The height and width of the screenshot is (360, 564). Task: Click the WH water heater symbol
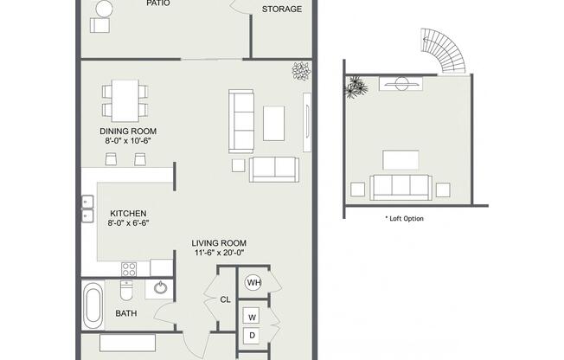pos(253,283)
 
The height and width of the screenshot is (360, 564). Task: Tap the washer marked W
pos(252,317)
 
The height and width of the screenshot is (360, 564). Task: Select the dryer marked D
pos(252,336)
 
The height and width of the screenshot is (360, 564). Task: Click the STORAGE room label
pos(282,9)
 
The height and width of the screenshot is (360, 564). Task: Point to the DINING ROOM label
pos(128,131)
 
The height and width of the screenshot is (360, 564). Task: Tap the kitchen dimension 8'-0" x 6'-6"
pos(128,223)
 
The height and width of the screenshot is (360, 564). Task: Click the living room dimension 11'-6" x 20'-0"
pos(219,253)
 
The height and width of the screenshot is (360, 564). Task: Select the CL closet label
pos(225,299)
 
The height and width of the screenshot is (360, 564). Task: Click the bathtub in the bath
pos(93,305)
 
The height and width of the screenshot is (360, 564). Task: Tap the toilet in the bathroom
pos(126,290)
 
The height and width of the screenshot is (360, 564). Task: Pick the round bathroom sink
pos(160,287)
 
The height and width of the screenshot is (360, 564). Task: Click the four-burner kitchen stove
pos(129,269)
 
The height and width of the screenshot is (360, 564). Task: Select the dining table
pos(125,100)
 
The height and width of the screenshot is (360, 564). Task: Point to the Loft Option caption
pos(404,219)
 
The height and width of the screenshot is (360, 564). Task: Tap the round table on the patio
pos(105,9)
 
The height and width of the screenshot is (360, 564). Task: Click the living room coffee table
pos(273,123)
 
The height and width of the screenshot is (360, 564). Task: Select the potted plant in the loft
pos(356,87)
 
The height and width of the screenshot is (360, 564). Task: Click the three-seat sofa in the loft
pos(401,187)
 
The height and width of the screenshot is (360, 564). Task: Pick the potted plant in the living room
pos(301,71)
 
